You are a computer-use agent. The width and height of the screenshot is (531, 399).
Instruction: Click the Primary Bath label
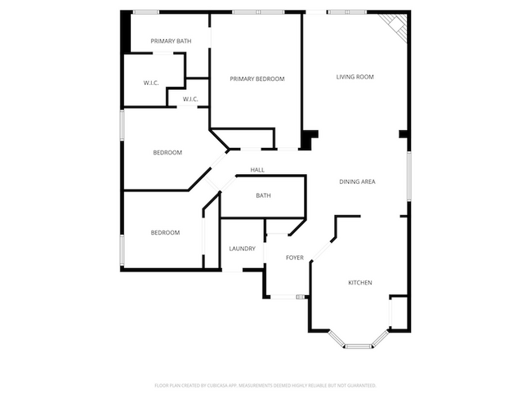172,41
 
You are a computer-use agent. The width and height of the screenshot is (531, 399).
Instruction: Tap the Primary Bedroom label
257,78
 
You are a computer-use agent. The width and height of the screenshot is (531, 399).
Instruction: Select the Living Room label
355,77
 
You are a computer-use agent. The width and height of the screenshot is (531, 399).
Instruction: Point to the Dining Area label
357,181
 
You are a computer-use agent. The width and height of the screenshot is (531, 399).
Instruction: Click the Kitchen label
360,283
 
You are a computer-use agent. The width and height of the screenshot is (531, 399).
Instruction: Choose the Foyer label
294,258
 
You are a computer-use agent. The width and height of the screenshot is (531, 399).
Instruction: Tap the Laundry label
242,249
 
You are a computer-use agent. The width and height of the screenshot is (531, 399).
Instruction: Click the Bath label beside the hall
263,195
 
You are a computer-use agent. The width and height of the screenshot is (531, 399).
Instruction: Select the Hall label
257,170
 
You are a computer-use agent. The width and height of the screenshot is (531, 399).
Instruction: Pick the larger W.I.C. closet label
151,82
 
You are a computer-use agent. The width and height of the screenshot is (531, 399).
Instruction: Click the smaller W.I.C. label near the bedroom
190,99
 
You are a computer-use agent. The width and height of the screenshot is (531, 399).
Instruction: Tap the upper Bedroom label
167,153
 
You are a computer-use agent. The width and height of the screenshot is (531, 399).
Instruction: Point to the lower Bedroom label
165,233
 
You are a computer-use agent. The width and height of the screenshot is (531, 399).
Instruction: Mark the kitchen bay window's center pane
357,346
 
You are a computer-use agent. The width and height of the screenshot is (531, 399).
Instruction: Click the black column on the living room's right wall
403,134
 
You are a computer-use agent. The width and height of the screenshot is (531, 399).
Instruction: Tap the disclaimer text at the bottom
265,384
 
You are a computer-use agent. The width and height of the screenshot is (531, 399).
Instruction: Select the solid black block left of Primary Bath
125,33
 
